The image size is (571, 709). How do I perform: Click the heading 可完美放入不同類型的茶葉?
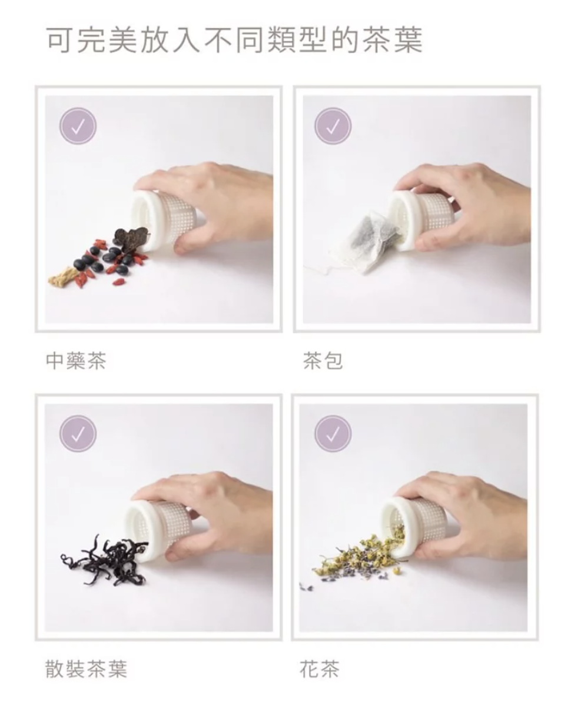pyautogui.click(x=234, y=41)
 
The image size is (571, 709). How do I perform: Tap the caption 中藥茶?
pyautogui.click(x=76, y=361)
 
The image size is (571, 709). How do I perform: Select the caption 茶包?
pyautogui.click(x=323, y=361)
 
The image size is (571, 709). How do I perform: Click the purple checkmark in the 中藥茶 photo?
pyautogui.click(x=78, y=126)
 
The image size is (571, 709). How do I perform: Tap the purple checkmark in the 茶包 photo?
pyautogui.click(x=333, y=126)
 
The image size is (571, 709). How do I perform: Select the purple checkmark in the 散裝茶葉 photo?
pyautogui.click(x=78, y=433)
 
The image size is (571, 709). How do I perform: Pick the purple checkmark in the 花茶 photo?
pyautogui.click(x=333, y=433)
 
